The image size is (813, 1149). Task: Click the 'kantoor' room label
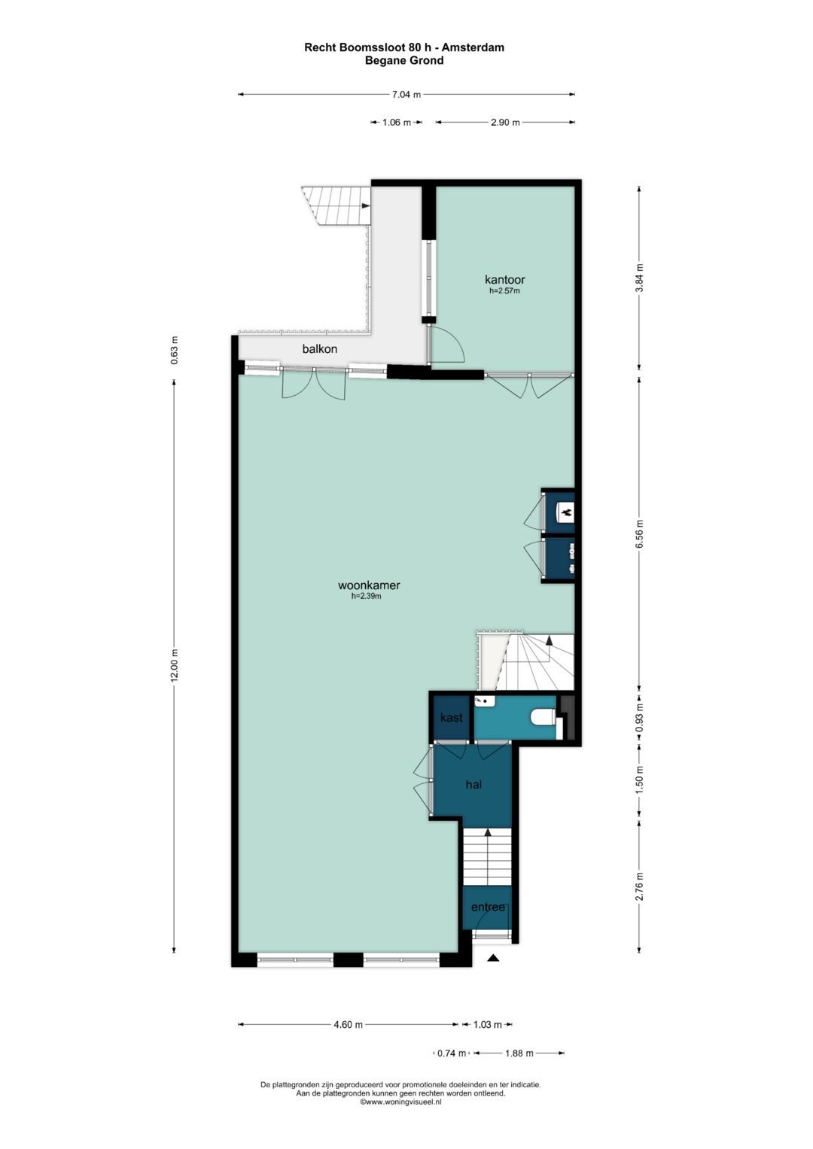504,280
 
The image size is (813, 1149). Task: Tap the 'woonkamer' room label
368,585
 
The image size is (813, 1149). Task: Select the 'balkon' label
319,349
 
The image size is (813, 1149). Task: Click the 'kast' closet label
451,718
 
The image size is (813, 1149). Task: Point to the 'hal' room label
473,785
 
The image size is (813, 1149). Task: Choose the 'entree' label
488,907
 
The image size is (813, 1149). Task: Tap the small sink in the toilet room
485,701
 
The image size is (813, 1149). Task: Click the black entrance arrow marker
493,958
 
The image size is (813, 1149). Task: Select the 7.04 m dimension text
406,95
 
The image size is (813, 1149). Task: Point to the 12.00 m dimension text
175,665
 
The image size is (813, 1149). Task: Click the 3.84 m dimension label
639,278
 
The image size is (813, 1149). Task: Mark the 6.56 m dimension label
639,533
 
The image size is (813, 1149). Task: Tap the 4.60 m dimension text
348,1025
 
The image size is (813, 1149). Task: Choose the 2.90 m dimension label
505,123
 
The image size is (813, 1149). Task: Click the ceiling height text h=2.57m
504,290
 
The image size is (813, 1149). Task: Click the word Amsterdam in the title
473,47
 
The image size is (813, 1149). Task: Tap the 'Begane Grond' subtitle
404,60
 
